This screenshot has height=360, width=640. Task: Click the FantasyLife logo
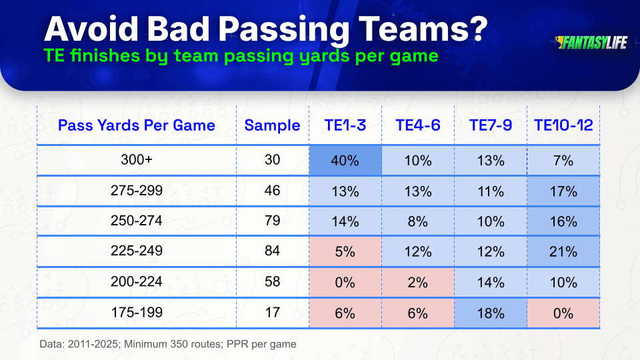click(x=591, y=43)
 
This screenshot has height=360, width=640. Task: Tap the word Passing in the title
click(x=284, y=30)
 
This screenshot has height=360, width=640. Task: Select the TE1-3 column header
click(x=345, y=125)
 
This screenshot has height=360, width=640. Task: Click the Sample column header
click(x=272, y=125)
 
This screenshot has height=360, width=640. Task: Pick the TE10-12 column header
click(x=563, y=125)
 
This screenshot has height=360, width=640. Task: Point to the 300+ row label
click(x=136, y=159)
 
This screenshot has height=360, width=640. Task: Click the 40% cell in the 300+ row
click(x=345, y=161)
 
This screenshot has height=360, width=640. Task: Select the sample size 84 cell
click(x=272, y=250)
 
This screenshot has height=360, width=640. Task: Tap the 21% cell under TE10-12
click(x=563, y=251)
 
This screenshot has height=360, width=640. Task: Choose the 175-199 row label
click(x=137, y=312)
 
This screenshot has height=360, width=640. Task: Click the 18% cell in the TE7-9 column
click(x=491, y=313)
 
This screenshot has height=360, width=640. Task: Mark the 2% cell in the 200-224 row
click(x=418, y=283)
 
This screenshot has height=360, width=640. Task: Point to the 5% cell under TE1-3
click(x=345, y=251)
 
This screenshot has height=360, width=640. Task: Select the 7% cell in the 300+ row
click(x=563, y=161)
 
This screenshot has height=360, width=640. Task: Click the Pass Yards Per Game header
click(x=136, y=125)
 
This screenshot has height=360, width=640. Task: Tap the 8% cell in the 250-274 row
click(x=418, y=221)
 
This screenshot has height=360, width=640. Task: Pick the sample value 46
click(x=272, y=190)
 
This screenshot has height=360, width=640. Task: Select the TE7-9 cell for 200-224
click(x=491, y=283)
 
